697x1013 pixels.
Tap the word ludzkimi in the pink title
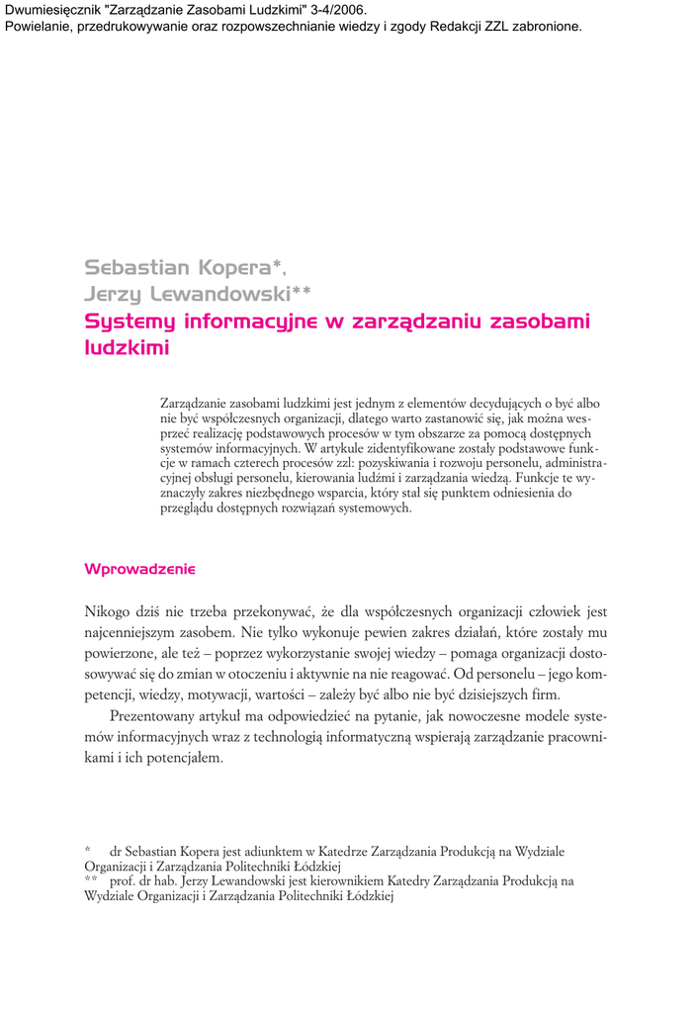[x=127, y=348]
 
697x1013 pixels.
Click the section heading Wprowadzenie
[x=140, y=569]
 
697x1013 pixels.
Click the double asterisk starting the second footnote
[x=91, y=878]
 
